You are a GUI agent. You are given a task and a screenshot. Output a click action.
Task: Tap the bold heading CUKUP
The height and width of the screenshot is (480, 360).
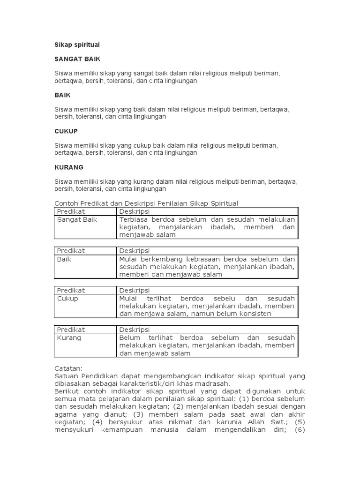66,131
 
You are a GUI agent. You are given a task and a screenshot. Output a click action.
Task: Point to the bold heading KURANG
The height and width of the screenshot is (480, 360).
69,167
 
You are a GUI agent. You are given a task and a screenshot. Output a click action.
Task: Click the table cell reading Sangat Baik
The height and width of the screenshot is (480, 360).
77,219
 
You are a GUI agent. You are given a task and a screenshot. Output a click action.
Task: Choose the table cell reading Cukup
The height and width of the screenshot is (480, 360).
67,299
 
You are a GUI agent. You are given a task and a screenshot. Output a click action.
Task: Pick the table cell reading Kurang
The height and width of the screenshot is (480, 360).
69,338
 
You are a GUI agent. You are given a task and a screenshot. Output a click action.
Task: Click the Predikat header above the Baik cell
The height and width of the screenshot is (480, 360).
71,251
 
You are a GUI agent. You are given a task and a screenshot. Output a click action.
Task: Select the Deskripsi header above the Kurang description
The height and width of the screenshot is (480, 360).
134,330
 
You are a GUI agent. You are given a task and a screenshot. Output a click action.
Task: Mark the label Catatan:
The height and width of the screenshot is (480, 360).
68,369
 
